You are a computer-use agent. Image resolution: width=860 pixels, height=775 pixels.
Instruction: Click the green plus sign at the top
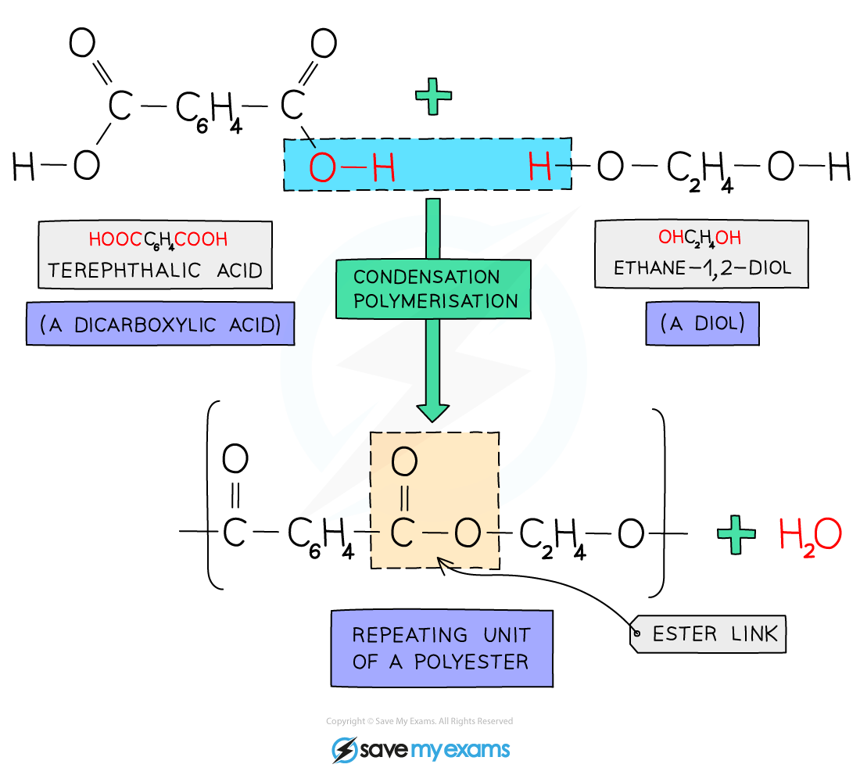pyautogui.click(x=433, y=98)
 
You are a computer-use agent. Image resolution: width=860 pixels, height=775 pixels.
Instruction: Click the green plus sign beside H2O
pyautogui.click(x=736, y=535)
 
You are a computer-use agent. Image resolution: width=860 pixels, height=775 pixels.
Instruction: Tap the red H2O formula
pyautogui.click(x=810, y=536)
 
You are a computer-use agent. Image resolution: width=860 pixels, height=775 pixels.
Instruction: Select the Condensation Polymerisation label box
pyautogui.click(x=434, y=289)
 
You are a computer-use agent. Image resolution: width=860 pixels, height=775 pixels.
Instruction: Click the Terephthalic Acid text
pyautogui.click(x=155, y=271)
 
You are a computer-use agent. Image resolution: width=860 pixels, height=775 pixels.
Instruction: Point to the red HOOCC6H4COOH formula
pyautogui.click(x=158, y=239)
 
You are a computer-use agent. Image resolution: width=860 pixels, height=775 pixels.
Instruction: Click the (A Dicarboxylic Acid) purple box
pyautogui.click(x=161, y=325)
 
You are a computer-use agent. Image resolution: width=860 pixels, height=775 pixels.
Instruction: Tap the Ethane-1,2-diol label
pyautogui.click(x=702, y=267)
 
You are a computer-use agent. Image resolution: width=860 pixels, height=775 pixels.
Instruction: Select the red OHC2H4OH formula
pyautogui.click(x=700, y=238)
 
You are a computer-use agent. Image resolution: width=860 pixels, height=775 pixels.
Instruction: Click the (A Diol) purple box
pyautogui.click(x=703, y=323)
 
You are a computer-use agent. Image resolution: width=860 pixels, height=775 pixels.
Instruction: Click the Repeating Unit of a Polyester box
pyautogui.click(x=441, y=648)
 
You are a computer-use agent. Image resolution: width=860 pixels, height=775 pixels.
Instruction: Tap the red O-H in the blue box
pyautogui.click(x=351, y=167)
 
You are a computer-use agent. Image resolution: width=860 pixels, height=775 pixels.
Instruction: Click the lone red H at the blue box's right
pyautogui.click(x=539, y=167)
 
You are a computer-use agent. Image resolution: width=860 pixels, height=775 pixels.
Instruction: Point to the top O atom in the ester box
pyautogui.click(x=404, y=462)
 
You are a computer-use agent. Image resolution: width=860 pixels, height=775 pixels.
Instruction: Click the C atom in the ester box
pyautogui.click(x=402, y=533)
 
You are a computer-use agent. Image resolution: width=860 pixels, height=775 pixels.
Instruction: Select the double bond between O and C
pyautogui.click(x=404, y=498)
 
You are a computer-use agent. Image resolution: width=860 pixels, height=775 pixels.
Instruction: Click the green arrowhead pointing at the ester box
pyautogui.click(x=432, y=411)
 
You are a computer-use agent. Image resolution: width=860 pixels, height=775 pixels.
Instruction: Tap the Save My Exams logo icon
pyautogui.click(x=344, y=750)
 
